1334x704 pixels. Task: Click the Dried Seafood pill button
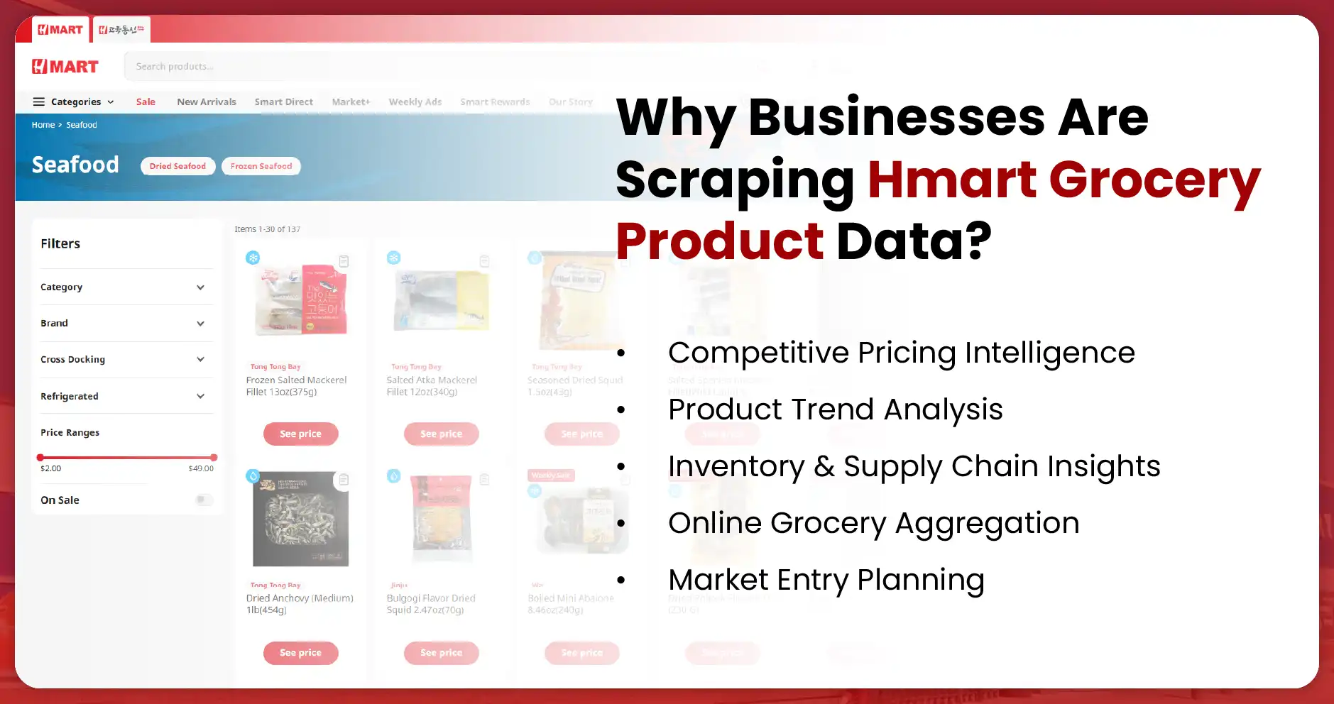(177, 166)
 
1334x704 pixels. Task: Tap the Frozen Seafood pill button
(261, 166)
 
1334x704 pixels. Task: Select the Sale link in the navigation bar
(146, 101)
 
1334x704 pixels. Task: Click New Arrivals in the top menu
(206, 101)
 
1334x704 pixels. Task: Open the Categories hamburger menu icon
(39, 101)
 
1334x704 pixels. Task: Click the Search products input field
(426, 66)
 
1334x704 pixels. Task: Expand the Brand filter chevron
(200, 324)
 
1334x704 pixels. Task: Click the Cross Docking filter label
(72, 359)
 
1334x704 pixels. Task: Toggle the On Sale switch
(204, 500)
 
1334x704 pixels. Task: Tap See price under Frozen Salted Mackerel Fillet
(300, 434)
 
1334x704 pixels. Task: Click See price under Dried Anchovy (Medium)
(300, 652)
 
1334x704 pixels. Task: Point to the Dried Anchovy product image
(300, 519)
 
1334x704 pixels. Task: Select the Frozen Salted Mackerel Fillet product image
(300, 298)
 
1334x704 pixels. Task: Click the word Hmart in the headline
(951, 179)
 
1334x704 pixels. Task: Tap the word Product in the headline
(719, 241)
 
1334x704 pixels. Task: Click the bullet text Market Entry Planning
(826, 580)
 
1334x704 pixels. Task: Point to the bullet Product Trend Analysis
(835, 409)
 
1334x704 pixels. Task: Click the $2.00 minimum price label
(50, 468)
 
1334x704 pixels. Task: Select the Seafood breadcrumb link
(82, 125)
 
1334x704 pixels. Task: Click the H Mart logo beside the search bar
(65, 67)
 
